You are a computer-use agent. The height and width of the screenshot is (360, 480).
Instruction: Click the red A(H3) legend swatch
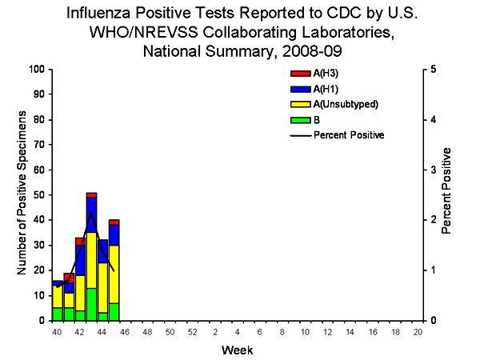[x=298, y=74]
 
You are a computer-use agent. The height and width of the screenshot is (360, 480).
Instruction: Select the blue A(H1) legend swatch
[x=298, y=89]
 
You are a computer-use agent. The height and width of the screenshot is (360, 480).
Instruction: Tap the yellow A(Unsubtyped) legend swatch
[x=298, y=104]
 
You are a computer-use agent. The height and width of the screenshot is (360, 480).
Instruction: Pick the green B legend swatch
[x=298, y=119]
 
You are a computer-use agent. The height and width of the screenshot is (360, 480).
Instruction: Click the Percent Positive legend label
[x=349, y=134]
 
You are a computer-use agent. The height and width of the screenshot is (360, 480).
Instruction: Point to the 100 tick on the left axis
[x=37, y=69]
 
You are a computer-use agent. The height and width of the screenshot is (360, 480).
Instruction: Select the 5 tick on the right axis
[x=432, y=69]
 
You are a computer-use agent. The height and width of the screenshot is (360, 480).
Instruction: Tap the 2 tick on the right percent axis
[x=432, y=220]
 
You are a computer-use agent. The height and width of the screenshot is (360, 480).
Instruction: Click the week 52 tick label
[x=192, y=330]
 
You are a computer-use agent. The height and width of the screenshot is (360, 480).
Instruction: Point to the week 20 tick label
[x=418, y=330]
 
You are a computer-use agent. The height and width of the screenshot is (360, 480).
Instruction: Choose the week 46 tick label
[x=125, y=330]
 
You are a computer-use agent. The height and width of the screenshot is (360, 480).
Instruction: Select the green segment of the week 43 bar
[x=92, y=304]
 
